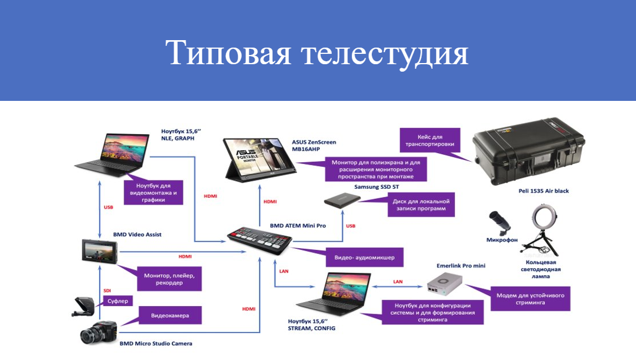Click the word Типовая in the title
click(228, 52)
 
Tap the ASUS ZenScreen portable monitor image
click(260, 159)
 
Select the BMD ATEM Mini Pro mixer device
click(260, 241)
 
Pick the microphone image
click(500, 223)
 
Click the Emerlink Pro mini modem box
click(445, 283)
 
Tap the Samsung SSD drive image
click(342, 200)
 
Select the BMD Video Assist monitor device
click(100, 252)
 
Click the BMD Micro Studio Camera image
click(99, 333)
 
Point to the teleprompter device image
click(84, 307)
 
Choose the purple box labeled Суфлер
click(118, 301)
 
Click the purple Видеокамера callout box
click(170, 315)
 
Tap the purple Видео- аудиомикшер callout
click(364, 257)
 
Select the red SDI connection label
click(107, 291)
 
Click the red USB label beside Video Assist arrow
click(108, 208)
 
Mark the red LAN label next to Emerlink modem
click(398, 281)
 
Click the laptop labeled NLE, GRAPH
click(112, 155)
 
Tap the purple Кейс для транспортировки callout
click(430, 140)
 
